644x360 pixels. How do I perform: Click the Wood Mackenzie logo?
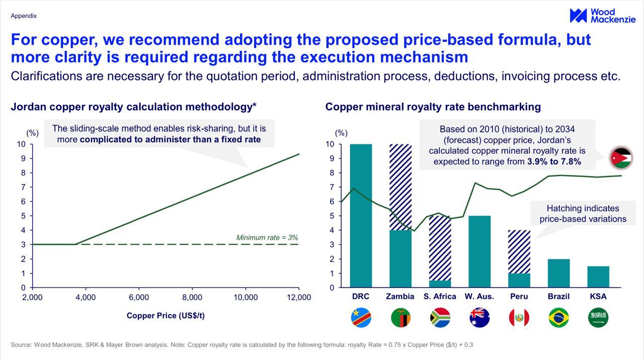click(602, 16)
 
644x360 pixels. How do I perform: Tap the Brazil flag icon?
click(558, 318)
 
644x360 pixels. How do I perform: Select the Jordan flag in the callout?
click(621, 158)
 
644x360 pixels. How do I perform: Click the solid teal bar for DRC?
click(361, 216)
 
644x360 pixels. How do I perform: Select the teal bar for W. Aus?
click(479, 251)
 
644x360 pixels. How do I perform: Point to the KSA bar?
click(598, 277)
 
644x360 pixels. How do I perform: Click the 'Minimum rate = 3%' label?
click(267, 237)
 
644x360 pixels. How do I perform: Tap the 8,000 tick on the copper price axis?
click(192, 297)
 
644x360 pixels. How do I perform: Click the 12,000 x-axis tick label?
click(299, 297)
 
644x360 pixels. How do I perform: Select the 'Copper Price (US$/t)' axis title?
click(166, 316)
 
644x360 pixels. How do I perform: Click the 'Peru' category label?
click(519, 296)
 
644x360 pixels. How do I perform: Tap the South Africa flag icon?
click(440, 318)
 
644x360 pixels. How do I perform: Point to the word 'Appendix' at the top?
click(24, 16)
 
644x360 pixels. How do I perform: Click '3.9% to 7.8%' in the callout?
click(554, 161)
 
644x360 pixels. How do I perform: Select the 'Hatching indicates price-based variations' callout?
click(583, 214)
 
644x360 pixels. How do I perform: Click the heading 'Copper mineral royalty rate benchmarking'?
click(433, 107)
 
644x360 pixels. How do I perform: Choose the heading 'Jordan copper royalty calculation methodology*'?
click(133, 107)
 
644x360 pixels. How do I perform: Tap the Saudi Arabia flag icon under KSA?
click(598, 318)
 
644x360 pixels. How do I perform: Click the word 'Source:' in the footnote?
click(21, 345)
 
